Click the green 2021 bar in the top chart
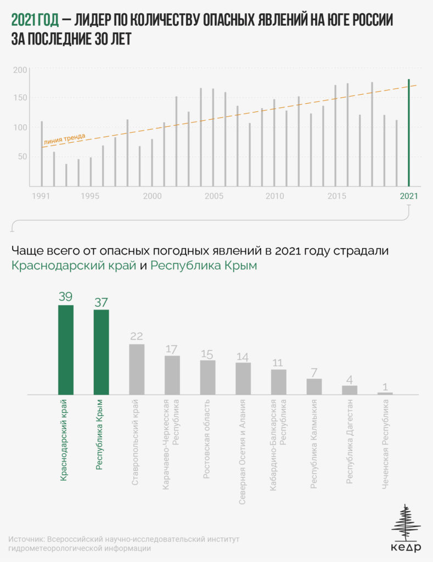408,133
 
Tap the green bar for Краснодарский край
66,350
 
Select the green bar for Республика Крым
102,352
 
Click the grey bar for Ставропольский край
137,369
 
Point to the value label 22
137,336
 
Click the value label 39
66,296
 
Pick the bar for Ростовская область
207,377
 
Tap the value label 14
243,356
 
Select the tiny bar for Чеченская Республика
385,393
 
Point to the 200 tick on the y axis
20,70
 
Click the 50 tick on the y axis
22,156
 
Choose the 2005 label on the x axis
213,196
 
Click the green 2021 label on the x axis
408,196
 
